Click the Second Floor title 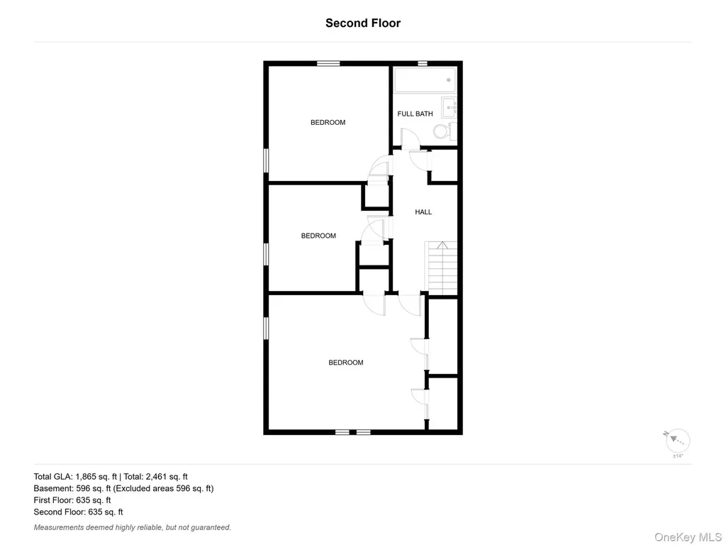click(363, 23)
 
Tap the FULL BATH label click(415, 114)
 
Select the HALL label click(423, 211)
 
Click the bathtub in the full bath click(425, 80)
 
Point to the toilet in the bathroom click(445, 131)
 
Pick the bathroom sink click(449, 108)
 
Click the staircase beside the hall click(441, 268)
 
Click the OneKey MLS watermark click(688, 537)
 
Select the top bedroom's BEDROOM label click(328, 122)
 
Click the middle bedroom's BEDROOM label click(318, 236)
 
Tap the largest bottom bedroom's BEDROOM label click(346, 363)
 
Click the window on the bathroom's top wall click(423, 63)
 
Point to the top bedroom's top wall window click(328, 63)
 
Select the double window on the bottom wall click(353, 432)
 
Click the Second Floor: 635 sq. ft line click(78, 512)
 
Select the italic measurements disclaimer click(133, 527)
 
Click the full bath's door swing click(410, 138)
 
